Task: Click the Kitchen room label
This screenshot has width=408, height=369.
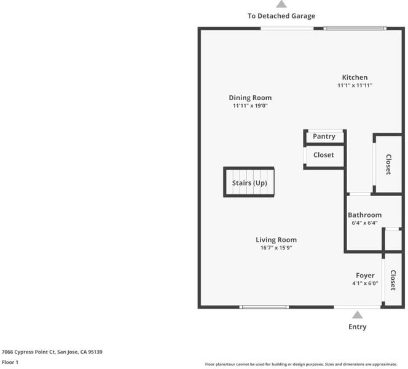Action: coord(355,77)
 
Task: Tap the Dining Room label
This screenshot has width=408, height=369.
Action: coord(250,98)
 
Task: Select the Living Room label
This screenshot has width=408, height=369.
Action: coord(276,240)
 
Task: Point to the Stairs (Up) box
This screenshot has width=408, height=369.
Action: coord(249,183)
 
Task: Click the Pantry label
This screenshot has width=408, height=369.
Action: coord(324,137)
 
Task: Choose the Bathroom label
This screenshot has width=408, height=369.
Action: coord(364,215)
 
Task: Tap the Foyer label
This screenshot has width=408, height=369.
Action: coord(365,276)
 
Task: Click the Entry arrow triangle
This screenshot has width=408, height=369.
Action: coord(357,315)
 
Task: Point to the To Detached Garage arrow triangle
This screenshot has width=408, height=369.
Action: coord(281,4)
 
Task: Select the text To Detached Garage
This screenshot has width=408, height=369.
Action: coord(281,16)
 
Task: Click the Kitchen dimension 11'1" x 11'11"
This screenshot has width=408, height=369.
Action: coord(355,85)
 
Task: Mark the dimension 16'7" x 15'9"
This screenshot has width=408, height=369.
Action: coord(276,248)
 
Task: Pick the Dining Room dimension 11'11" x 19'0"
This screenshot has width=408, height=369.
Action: coord(250,106)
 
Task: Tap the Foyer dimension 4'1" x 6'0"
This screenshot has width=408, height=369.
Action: coord(365,284)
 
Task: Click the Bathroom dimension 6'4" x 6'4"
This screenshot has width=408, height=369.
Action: coord(364,223)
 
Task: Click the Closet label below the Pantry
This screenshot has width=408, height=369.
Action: coord(323,155)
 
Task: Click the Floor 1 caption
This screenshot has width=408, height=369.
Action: coord(10,362)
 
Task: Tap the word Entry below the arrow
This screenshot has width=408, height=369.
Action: coord(357,327)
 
